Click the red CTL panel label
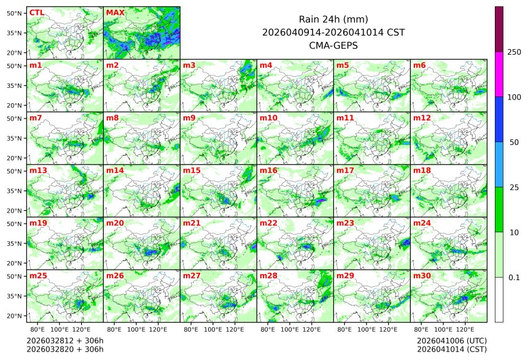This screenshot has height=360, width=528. pos(36,12)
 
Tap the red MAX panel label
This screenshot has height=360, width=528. pos(114,12)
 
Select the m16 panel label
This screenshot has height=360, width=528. pos(268,170)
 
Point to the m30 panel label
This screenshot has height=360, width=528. pos(422,276)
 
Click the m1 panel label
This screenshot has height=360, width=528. pos(36,65)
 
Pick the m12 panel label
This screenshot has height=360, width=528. pos(422,117)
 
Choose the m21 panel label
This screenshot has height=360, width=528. pos(192,223)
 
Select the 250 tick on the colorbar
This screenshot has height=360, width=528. pos(514,52)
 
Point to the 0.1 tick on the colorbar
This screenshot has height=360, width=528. pos(514,277)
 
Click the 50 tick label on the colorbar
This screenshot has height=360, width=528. pos(514,142)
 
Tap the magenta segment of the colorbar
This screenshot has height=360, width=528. pos(499,74)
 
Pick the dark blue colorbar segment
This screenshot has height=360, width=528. pos(499,119)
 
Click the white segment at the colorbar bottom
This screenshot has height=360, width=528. pos(499,299)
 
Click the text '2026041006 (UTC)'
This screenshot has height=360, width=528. pos(452,340)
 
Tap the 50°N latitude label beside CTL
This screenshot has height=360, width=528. pos(15,13)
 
